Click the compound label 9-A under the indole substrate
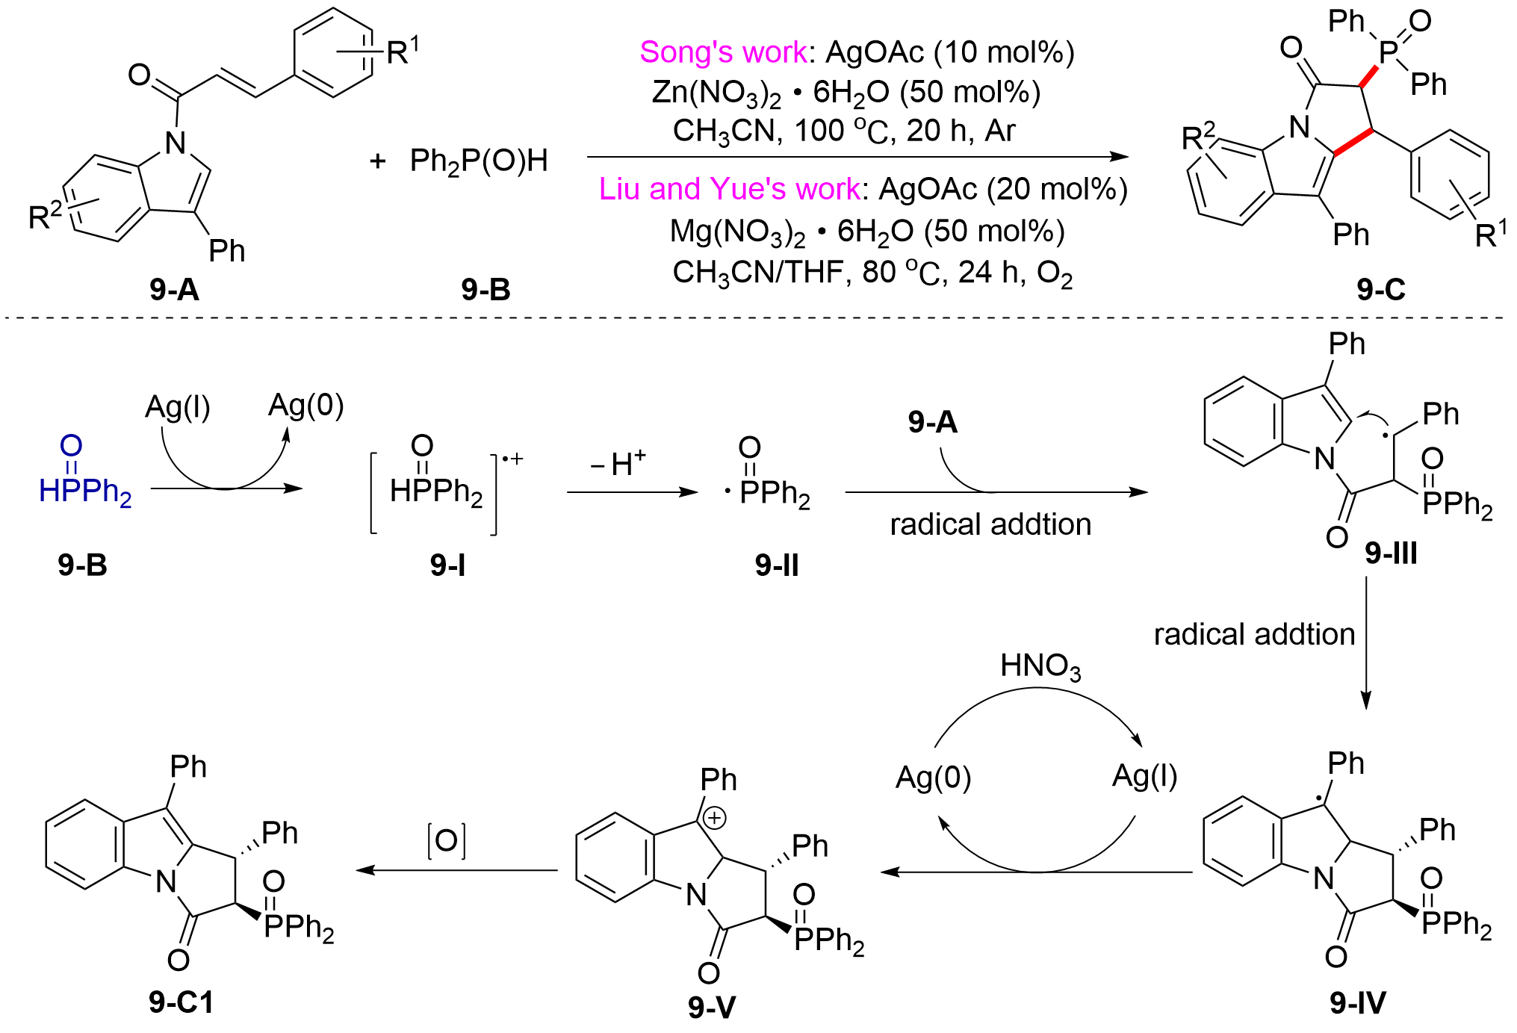(x=174, y=289)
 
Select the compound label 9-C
(x=1381, y=289)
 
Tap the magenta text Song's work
(x=723, y=52)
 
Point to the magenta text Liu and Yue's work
(x=729, y=189)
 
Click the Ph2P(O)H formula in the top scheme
(x=479, y=161)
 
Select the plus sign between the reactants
(x=378, y=161)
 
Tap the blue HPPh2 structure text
(x=84, y=491)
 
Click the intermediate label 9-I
(x=447, y=565)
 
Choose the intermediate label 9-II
(x=777, y=565)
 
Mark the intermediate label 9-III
(x=1391, y=553)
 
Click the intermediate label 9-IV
(x=1358, y=1002)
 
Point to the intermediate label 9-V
(x=712, y=1007)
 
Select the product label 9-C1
(x=182, y=1002)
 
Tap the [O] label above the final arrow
(x=447, y=841)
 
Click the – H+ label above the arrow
(x=618, y=464)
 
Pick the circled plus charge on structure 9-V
(x=715, y=818)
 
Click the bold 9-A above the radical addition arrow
(x=933, y=423)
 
